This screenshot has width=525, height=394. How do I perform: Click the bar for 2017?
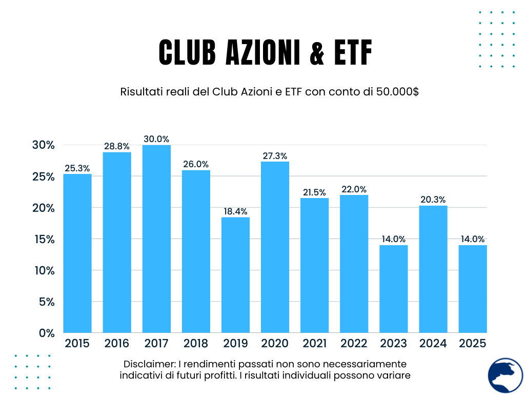pos(156,239)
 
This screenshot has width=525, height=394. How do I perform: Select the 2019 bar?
pos(235,274)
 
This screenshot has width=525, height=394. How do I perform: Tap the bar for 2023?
pos(394,289)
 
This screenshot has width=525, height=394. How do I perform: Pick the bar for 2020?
pos(275,247)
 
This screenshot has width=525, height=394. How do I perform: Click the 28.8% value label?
pos(117,146)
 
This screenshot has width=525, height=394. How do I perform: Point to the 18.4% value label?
pos(235,211)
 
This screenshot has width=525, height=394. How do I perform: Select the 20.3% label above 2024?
pos(433,200)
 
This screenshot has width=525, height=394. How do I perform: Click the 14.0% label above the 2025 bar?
pos(473,239)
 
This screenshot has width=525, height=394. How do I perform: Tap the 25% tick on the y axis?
pos(43,176)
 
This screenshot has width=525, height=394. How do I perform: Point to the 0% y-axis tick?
pos(46,333)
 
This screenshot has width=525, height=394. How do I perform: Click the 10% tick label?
pos(43,270)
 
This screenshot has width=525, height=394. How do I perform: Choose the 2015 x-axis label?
pos(77,343)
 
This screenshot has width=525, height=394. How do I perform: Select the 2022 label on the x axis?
pos(354,343)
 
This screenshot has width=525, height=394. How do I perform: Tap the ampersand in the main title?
pos(318,52)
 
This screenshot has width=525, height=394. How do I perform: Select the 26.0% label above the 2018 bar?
pos(196,164)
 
